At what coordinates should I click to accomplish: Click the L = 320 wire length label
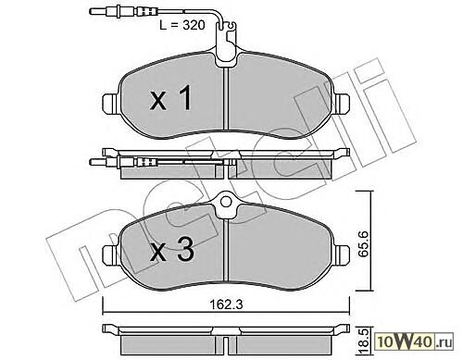tap(182, 25)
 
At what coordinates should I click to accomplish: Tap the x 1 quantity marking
tap(170, 98)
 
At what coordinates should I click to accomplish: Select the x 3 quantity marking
tap(172, 250)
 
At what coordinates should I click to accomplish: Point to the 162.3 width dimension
tap(226, 304)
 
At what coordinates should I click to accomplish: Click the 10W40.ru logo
tap(415, 341)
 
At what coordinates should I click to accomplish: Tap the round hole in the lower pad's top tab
tap(226, 202)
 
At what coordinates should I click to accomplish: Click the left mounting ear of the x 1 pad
tap(110, 102)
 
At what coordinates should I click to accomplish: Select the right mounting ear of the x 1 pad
tap(342, 102)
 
